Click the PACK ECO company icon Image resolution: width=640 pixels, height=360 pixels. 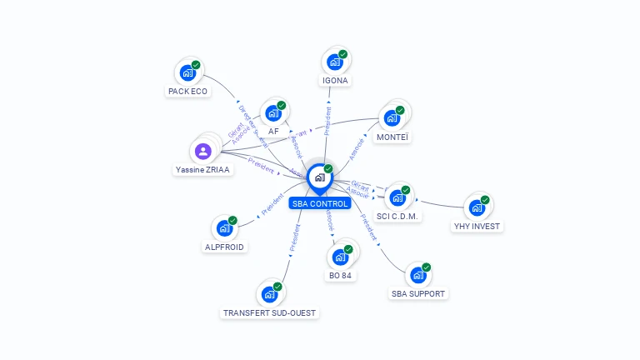click(187, 72)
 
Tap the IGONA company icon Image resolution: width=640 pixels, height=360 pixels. click(335, 62)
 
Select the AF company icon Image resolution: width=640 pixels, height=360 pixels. click(272, 113)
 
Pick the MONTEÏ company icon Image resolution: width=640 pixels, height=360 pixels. click(392, 117)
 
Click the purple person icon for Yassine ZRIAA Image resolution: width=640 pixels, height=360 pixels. click(203, 151)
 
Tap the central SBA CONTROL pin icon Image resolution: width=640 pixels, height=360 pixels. click(319, 177)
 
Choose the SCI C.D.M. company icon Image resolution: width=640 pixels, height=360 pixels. click(397, 197)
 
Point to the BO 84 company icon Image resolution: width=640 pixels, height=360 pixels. click(340, 257)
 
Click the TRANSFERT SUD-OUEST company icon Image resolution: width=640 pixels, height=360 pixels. click(269, 294)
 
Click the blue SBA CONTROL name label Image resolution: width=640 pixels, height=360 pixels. click(319, 203)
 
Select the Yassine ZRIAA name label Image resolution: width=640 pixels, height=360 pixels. click(203, 169)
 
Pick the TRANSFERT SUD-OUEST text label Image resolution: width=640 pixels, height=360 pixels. click(270, 312)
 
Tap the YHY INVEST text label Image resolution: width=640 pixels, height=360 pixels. click(478, 226)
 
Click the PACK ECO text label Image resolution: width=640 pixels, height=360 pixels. click(187, 91)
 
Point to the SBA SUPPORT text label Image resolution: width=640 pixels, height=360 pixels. click(418, 293)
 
